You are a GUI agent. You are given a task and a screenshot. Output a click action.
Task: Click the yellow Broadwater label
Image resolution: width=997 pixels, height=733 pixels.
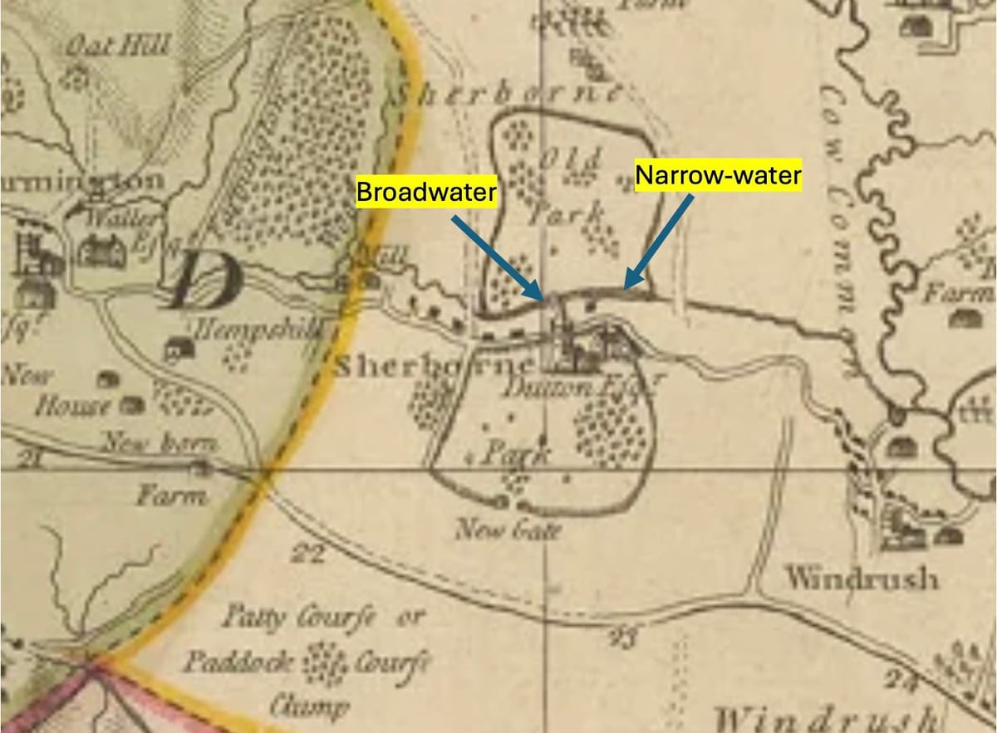click(x=426, y=192)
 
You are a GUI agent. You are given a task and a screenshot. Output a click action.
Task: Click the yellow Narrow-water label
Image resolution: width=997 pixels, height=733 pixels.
click(x=718, y=175)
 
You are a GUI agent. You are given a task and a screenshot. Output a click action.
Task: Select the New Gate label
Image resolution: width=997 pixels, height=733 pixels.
click(x=508, y=529)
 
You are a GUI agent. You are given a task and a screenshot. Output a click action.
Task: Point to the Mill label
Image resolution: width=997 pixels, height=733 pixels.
click(x=383, y=257)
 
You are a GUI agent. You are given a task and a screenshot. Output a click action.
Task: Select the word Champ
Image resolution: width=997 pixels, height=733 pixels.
click(x=297, y=706)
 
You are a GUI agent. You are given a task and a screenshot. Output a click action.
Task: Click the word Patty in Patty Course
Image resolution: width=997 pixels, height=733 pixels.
click(x=253, y=618)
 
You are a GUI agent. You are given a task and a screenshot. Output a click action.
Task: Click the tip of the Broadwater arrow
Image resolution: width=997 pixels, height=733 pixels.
click(x=544, y=298)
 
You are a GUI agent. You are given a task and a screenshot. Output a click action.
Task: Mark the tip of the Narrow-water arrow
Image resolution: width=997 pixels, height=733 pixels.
click(x=625, y=290)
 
